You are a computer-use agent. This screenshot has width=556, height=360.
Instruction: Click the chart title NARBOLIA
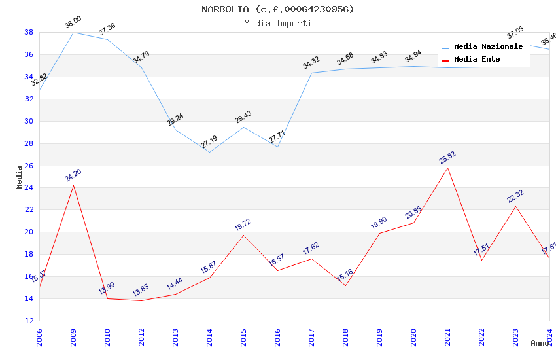click(278, 9)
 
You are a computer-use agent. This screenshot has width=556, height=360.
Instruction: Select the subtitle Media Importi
click(278, 23)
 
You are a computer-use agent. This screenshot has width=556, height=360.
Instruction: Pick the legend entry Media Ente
click(477, 60)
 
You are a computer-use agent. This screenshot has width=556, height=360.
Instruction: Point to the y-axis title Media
click(20, 177)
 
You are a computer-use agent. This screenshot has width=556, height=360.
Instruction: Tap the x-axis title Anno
click(540, 343)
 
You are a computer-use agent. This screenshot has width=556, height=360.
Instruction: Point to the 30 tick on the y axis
click(29, 121)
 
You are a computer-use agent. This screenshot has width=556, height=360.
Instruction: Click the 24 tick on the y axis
click(29, 188)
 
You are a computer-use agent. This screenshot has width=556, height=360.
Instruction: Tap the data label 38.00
click(73, 23)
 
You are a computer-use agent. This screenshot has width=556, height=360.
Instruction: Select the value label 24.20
click(73, 175)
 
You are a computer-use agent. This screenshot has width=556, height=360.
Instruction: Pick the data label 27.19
click(209, 142)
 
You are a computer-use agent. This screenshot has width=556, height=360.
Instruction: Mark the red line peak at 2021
click(447, 168)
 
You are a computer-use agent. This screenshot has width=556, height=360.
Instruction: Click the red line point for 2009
click(73, 185)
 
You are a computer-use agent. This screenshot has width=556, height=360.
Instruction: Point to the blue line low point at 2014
click(209, 152)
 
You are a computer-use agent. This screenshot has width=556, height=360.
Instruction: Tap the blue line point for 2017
click(311, 73)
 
